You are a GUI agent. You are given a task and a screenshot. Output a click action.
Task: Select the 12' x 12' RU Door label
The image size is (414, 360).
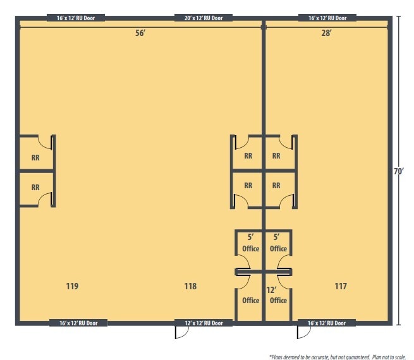pyautogui.click(x=203, y=323)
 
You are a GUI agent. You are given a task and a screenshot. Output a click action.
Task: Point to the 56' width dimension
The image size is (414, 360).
pyautogui.click(x=140, y=33)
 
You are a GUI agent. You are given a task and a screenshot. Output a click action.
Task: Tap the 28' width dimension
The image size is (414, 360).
pyautogui.click(x=326, y=33)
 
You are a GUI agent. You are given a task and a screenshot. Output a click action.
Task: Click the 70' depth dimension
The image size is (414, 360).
pyautogui.click(x=399, y=171)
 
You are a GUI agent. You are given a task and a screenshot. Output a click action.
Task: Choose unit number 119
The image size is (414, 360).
pyautogui.click(x=72, y=286)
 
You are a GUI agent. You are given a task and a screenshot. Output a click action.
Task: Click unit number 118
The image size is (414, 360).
pyautogui.click(x=190, y=286)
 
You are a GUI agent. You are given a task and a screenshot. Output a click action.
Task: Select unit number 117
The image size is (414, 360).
pyautogui.click(x=341, y=286)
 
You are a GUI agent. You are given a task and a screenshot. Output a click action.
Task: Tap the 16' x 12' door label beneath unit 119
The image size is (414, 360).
pyautogui.click(x=78, y=323)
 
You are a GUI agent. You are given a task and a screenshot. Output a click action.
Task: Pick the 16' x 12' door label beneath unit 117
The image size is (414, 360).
pyautogui.click(x=326, y=323)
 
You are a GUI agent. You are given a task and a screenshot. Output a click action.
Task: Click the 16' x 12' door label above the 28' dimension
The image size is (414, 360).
pyautogui.click(x=327, y=18)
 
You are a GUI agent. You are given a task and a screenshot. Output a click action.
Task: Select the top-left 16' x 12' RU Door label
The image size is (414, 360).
pyautogui.click(x=76, y=18)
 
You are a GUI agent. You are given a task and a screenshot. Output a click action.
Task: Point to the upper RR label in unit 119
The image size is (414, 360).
pyautogui.click(x=35, y=158)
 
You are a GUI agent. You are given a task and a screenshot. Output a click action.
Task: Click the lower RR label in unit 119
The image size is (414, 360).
pyautogui.click(x=35, y=188)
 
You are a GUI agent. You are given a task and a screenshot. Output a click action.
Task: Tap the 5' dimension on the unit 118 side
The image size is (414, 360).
pyautogui.click(x=250, y=237)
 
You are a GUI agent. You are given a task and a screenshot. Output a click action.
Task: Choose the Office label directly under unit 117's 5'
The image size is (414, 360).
pyautogui.click(x=278, y=249)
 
